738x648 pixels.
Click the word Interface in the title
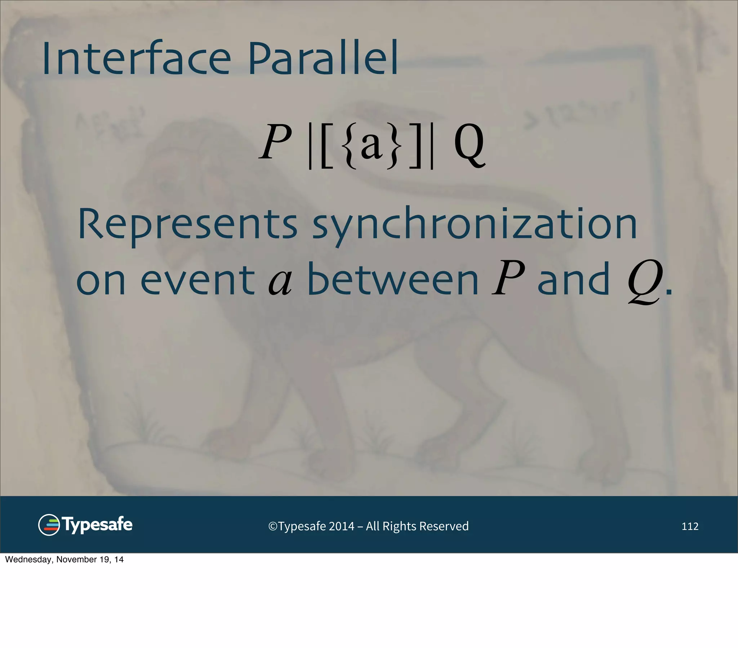tap(136, 59)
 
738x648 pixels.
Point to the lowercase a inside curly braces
tap(372, 145)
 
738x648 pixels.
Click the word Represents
tap(187, 224)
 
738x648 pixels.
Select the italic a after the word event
tap(280, 282)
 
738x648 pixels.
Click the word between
tap(393, 279)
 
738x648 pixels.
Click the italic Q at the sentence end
tap(645, 282)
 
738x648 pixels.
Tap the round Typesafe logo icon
tap(49, 525)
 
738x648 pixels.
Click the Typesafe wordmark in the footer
tap(98, 525)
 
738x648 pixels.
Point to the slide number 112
tap(690, 526)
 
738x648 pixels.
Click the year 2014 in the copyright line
tap(341, 526)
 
